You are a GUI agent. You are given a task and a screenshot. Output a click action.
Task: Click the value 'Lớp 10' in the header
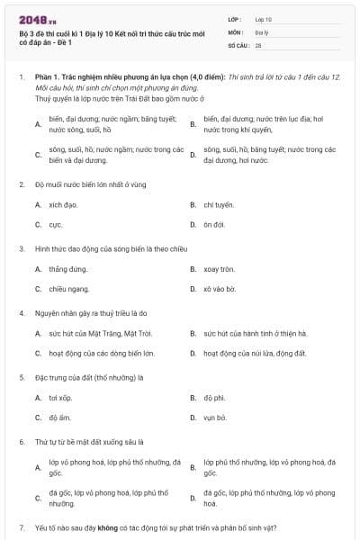click(264, 18)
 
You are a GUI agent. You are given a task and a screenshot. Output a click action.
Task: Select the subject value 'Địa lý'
click(262, 31)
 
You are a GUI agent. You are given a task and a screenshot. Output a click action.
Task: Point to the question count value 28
click(258, 44)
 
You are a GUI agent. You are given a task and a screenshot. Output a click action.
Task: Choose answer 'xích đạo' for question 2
click(63, 204)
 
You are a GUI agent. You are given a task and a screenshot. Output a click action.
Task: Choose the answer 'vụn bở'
click(215, 418)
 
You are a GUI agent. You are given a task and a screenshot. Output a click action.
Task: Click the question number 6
click(22, 442)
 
